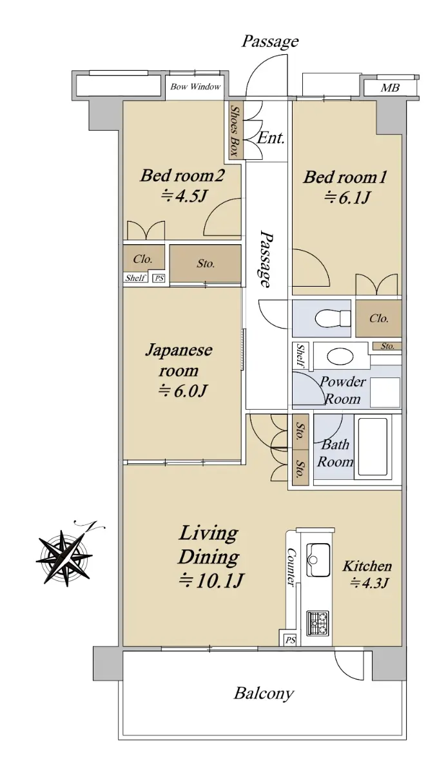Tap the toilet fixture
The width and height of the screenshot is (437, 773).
coord(333,317)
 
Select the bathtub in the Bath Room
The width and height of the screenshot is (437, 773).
coord(373,447)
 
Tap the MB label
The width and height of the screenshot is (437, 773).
coord(390,88)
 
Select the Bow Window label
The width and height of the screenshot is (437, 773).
coord(195,86)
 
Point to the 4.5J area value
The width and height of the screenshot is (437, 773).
coord(184,196)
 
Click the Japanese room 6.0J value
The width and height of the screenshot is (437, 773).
coord(182,391)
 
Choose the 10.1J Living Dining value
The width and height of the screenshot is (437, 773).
coord(211,580)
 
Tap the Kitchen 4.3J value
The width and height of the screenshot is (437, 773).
coord(369,583)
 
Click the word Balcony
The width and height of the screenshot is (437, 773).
coord(264,693)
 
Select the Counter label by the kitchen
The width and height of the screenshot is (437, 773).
coord(291,567)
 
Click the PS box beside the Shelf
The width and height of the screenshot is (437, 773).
coord(159,278)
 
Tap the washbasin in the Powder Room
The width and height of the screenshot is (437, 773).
coord(340,356)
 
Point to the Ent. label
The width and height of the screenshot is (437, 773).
coord(271,138)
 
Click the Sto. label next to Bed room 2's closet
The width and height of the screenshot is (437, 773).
coord(206,263)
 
